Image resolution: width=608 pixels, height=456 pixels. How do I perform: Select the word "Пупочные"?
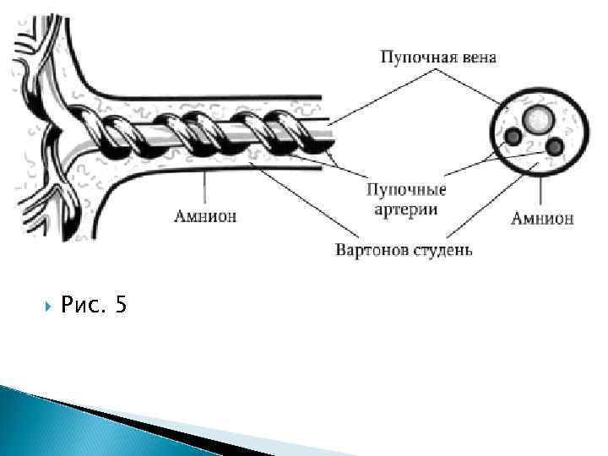point(406,190)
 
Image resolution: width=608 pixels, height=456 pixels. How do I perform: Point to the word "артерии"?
point(406,208)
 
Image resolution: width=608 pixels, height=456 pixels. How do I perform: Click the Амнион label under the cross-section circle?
point(542,219)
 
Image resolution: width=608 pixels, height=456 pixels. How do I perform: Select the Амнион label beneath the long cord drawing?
point(205,216)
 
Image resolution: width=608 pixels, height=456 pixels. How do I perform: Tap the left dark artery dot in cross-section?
point(512,136)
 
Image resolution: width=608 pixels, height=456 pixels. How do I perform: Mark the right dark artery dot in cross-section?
point(555,147)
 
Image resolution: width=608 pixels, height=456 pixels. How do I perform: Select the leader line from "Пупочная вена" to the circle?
point(470,88)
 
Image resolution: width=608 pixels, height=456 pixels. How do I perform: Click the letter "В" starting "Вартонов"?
point(340,250)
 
